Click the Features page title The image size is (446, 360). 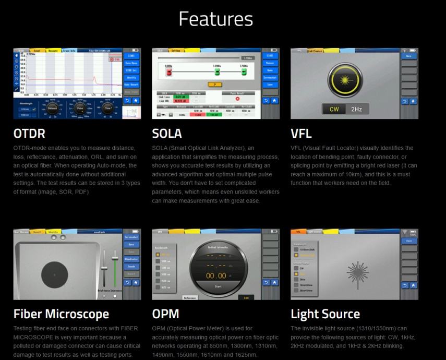pos(215,19)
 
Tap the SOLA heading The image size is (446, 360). pos(167,134)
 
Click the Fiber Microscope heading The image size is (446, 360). pos(61,314)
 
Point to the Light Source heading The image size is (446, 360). pos(325,314)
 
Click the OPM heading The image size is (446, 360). pos(165,314)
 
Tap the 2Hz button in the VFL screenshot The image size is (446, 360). pos(356,110)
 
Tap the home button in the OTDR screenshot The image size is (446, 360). pos(136,100)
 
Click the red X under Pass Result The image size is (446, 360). pos(237,98)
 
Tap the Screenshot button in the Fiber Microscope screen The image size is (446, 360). pos(131,236)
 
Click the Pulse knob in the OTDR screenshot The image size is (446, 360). pos(80,108)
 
